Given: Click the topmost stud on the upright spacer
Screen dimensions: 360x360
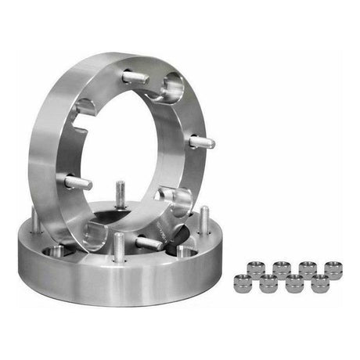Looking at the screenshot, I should point(135,77).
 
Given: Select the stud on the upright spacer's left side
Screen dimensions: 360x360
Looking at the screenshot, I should point(77,182).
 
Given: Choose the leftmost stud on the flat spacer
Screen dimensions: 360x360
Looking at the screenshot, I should point(36,222).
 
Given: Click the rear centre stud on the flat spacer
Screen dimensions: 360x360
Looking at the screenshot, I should point(120,193).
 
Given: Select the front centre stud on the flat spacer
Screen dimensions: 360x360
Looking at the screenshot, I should point(118,246).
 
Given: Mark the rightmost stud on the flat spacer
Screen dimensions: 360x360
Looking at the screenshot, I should point(203,220).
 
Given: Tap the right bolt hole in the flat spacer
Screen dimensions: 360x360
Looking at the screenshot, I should point(185,252).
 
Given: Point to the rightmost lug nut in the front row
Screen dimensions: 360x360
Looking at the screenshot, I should point(320,283).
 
